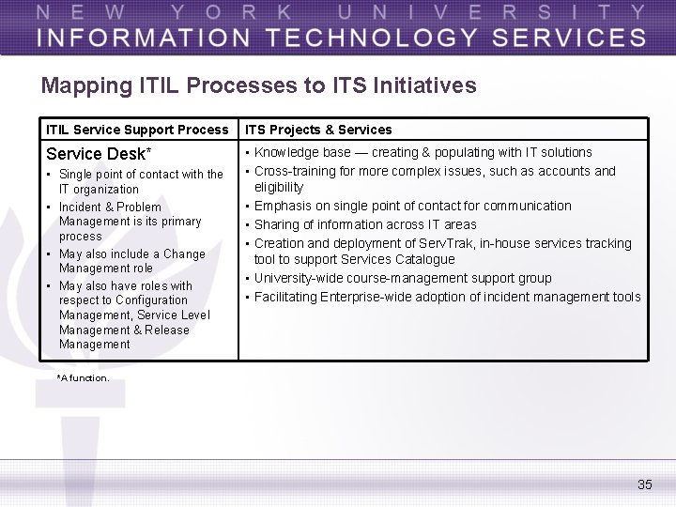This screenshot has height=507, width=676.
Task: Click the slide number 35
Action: click(x=644, y=484)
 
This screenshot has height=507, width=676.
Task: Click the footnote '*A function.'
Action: click(x=83, y=377)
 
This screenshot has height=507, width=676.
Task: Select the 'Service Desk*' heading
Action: click(x=99, y=153)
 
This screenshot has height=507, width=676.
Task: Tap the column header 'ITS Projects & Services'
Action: click(x=318, y=130)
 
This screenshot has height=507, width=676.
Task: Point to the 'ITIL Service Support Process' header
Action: click(x=137, y=130)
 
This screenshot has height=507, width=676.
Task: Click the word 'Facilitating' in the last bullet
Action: click(x=285, y=297)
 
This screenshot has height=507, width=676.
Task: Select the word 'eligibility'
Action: click(x=279, y=187)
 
